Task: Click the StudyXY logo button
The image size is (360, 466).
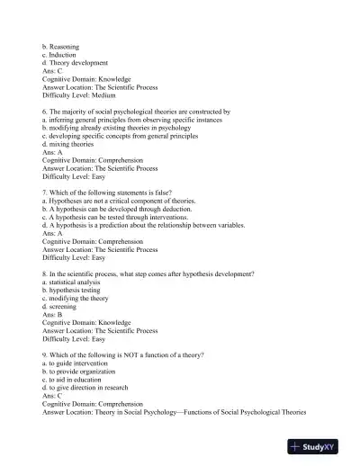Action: click(x=319, y=446)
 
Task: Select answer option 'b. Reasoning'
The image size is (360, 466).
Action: click(x=61, y=43)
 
